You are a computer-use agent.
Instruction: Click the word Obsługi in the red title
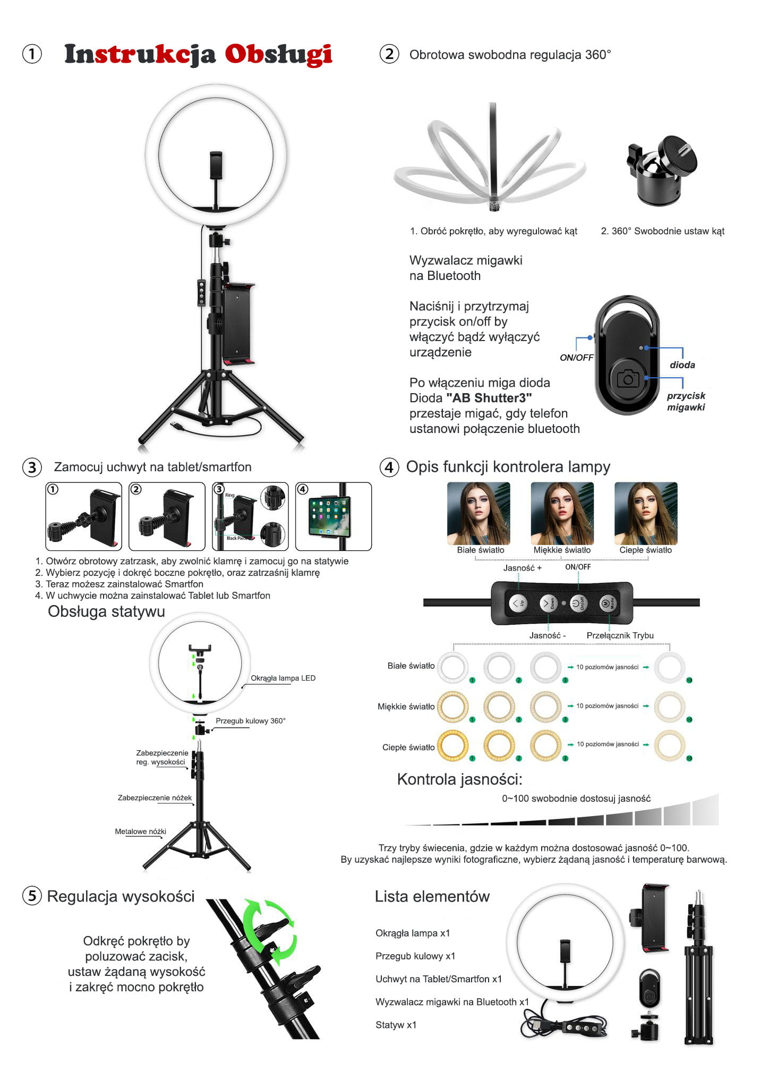coord(278,54)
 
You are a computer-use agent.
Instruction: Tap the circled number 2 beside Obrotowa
coord(389,54)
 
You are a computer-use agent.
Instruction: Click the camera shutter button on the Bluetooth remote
coord(628,379)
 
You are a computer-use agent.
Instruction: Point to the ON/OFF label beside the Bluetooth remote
coord(576,358)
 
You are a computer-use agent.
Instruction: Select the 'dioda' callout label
coord(682,365)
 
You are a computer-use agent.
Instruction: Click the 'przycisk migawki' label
coord(686,402)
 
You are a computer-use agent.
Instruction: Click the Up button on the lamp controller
coord(518,603)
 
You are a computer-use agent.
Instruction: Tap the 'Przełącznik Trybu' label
coord(620,635)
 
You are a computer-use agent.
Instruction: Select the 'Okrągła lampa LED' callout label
coord(283,678)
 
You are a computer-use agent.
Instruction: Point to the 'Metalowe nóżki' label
coord(140,831)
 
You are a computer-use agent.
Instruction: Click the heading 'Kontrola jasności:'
coord(459,779)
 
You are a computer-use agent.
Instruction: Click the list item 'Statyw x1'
coord(396,1025)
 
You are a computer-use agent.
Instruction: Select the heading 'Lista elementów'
coord(432,896)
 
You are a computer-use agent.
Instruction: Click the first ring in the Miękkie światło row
coord(452,707)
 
